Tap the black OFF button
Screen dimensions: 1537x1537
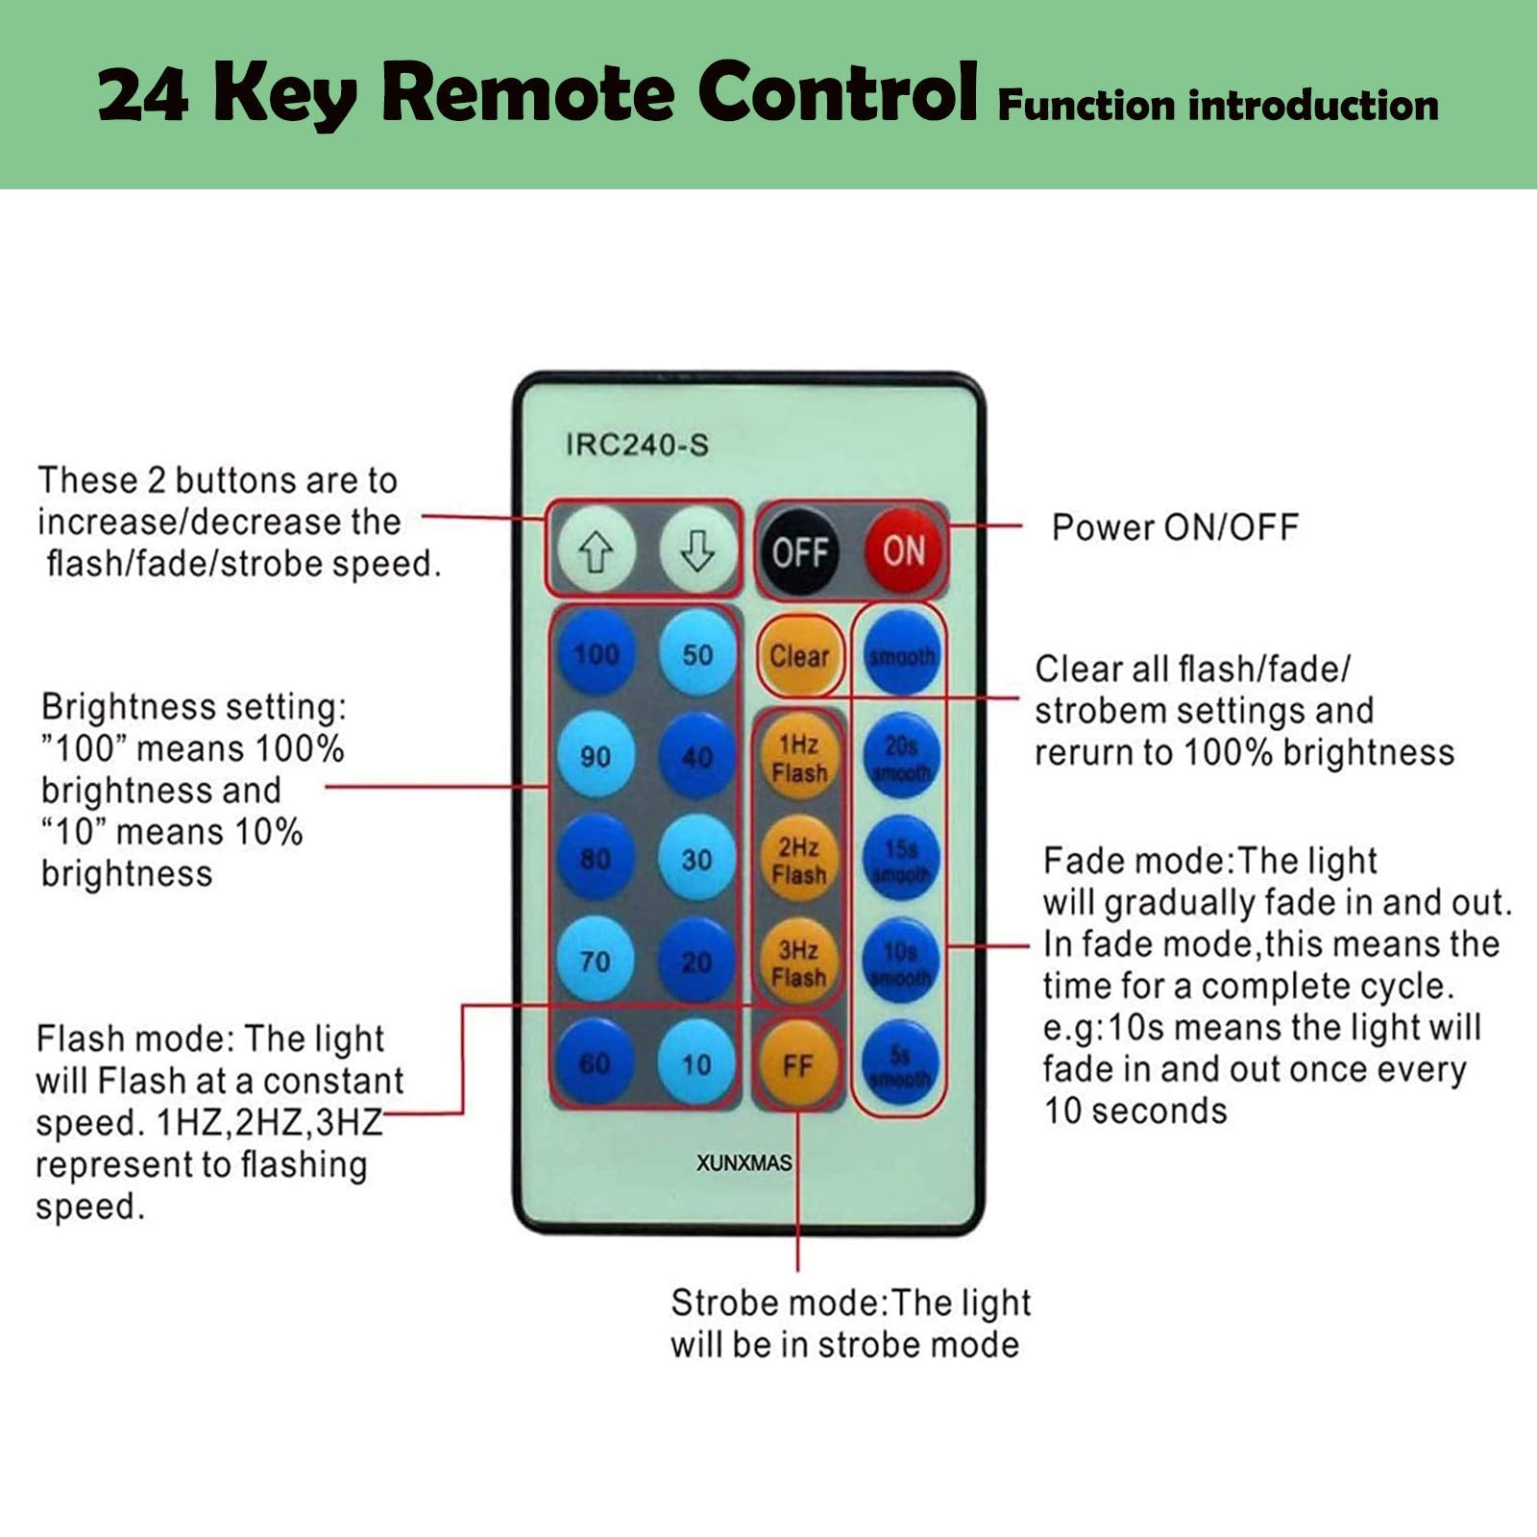point(799,551)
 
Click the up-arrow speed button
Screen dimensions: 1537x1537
point(596,551)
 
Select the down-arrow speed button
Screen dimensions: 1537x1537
point(697,551)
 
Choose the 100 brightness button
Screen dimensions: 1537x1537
point(596,654)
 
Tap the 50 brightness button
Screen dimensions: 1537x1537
point(697,654)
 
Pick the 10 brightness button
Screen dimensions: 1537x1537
point(697,1063)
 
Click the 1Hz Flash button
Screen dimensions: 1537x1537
point(799,758)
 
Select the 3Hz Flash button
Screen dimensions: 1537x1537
point(799,963)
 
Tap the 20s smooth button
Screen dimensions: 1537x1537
point(901,758)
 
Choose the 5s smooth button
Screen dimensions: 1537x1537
point(901,1065)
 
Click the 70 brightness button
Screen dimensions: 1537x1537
point(596,961)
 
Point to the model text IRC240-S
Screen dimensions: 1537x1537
point(637,445)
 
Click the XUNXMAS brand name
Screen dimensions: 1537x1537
point(744,1162)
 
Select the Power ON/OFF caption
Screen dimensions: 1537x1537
point(1174,526)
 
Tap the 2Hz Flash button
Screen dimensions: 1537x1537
point(799,860)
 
